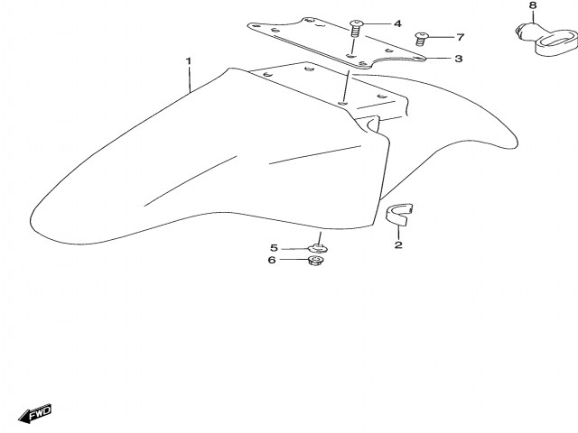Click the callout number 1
(189, 61)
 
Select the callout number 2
(398, 244)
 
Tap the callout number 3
(459, 59)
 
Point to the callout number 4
(397, 24)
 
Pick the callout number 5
(274, 248)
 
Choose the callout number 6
(272, 260)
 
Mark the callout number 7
(460, 37)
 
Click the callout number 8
(533, 5)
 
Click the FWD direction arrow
(35, 413)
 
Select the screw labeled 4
(356, 28)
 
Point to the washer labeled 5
(317, 248)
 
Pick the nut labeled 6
(315, 261)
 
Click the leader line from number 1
(190, 79)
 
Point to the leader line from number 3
(437, 59)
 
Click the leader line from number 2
(398, 232)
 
